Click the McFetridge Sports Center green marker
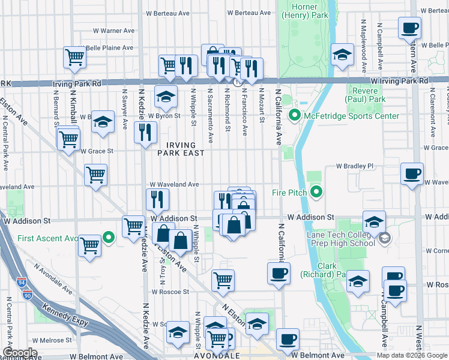click(x=294, y=115)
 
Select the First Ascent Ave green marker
click(x=109, y=238)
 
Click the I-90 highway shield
click(x=27, y=295)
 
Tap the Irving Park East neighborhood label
click(x=176, y=149)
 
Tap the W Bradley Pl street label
click(x=354, y=166)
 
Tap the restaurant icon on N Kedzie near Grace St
click(x=144, y=131)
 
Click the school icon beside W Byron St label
click(x=166, y=96)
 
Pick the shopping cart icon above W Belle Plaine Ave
click(x=74, y=57)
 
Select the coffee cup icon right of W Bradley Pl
click(x=412, y=173)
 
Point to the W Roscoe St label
click(x=170, y=292)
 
